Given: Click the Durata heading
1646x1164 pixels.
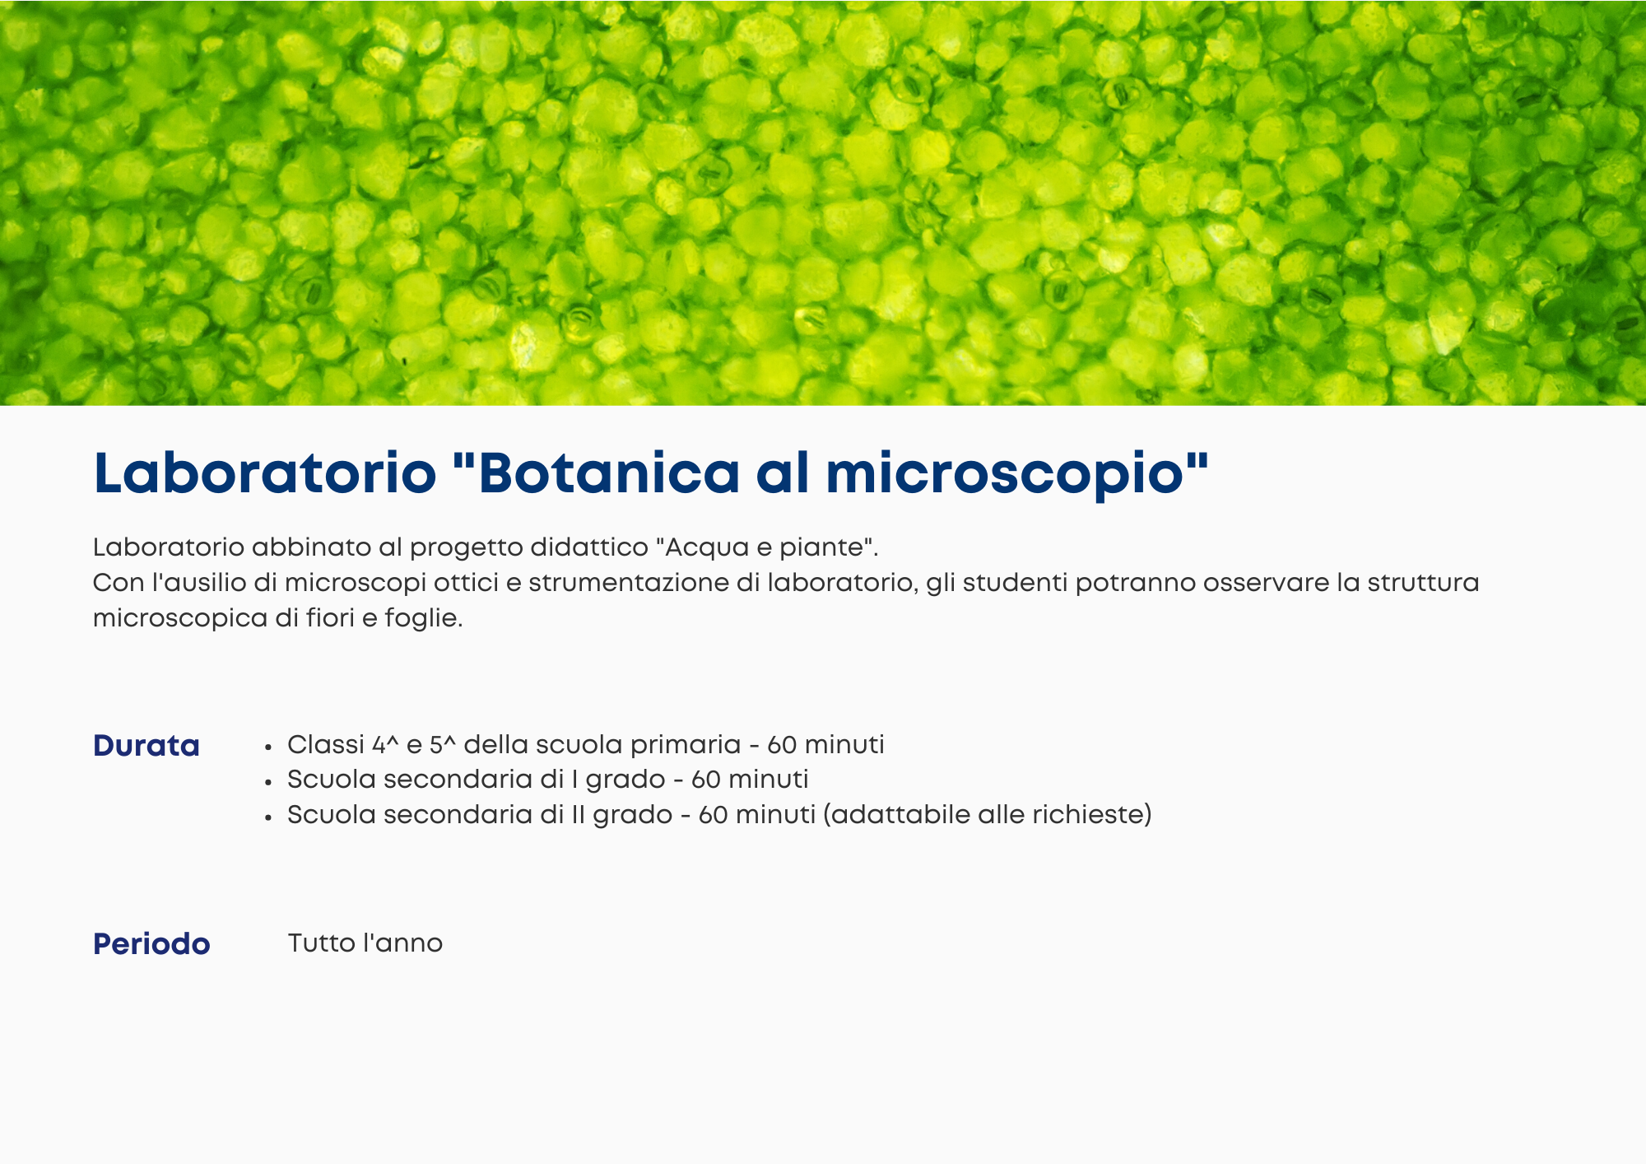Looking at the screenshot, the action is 146,745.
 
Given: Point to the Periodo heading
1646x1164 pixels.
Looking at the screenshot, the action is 151,943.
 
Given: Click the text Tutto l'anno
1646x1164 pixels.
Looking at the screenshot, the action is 365,943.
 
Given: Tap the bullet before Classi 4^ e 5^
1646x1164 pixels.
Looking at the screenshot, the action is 268,747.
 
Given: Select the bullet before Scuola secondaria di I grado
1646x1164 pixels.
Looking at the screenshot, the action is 268,782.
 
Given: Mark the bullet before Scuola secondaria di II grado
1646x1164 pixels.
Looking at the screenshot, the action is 268,817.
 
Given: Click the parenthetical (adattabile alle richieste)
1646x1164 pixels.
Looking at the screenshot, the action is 988,814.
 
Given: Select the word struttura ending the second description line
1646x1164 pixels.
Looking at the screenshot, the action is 1423,582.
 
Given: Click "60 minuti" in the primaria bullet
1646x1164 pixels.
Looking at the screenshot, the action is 825,744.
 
